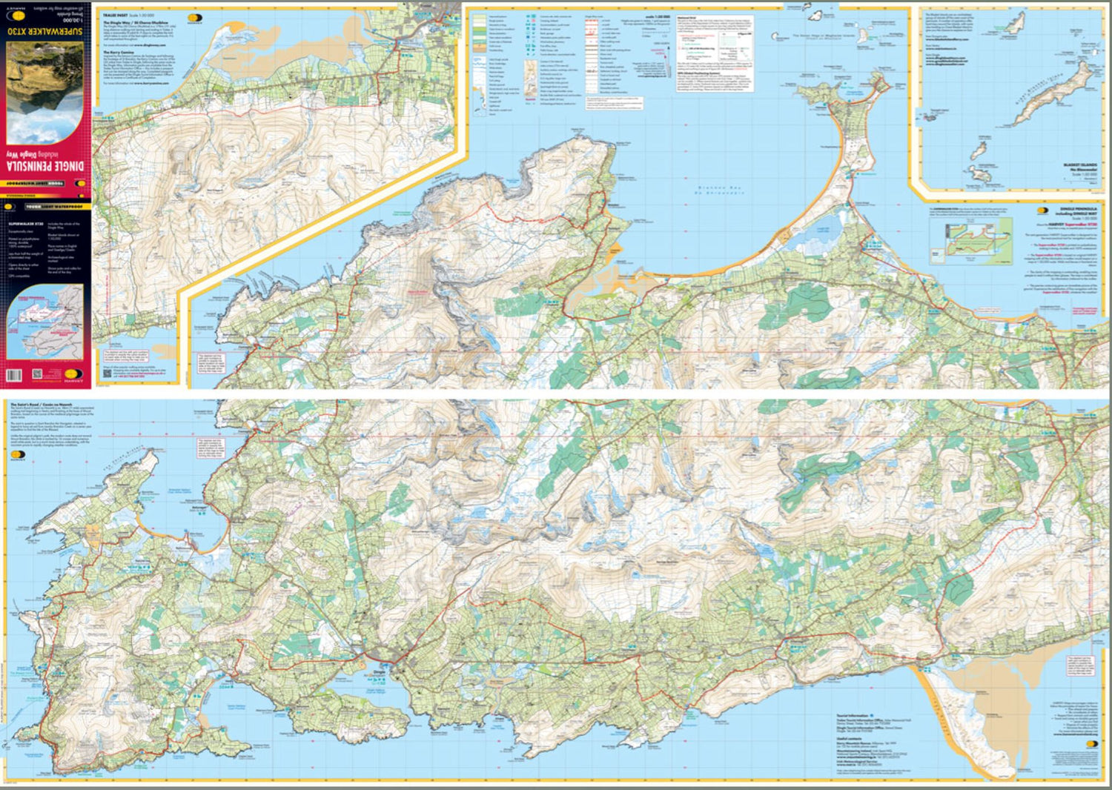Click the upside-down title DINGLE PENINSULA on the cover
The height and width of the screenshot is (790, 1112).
[46, 162]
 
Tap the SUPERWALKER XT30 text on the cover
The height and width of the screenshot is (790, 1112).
[46, 33]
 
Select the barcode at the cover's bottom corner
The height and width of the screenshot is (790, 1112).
[15, 376]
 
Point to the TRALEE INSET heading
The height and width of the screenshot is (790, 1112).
[118, 14]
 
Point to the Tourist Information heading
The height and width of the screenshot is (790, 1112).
[853, 716]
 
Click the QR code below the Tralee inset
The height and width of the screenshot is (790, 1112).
[36, 376]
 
